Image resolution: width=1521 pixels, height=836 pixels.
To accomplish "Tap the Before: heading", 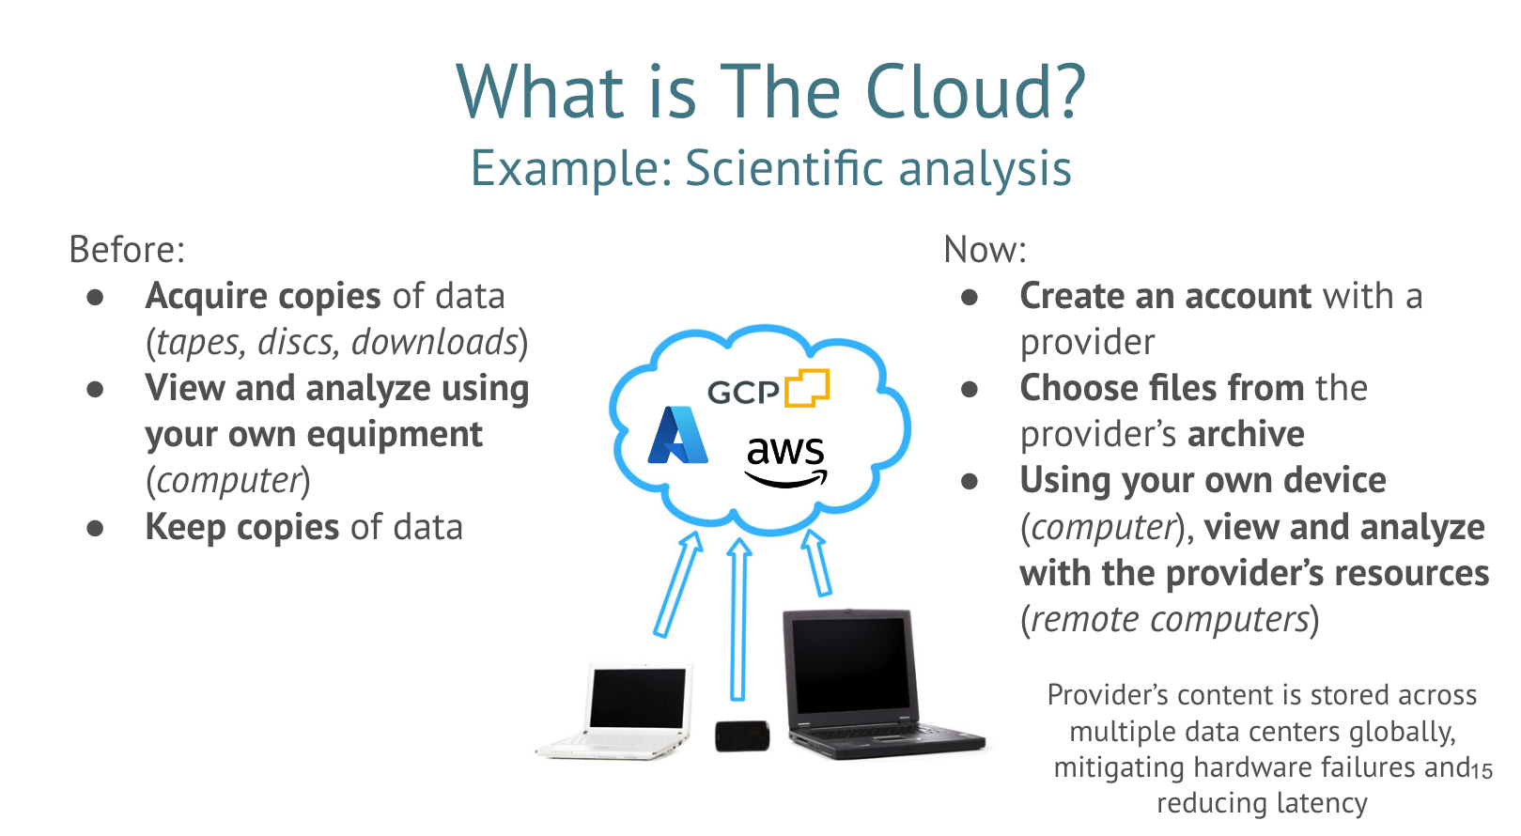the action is (x=127, y=249).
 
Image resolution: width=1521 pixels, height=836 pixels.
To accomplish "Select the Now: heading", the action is (x=986, y=249).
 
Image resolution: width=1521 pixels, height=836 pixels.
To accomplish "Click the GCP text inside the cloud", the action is (x=743, y=393).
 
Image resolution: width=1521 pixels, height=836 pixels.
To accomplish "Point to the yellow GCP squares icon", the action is (x=807, y=388).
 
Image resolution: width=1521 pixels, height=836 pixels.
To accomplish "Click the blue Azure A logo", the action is (x=677, y=435).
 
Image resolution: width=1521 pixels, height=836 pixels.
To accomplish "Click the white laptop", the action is (x=615, y=710).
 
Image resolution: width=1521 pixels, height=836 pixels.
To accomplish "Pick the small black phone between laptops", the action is (x=742, y=736).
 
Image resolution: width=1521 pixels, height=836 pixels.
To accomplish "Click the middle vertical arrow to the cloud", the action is (x=738, y=619).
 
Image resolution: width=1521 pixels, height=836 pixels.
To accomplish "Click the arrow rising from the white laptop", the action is (x=677, y=584).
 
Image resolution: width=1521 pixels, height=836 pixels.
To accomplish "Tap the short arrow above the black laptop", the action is (x=817, y=563).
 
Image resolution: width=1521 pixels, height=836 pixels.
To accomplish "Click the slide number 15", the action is (x=1482, y=771).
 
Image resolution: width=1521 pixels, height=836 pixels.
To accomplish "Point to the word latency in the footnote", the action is (x=1322, y=803).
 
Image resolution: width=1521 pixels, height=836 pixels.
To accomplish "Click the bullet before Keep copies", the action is (x=95, y=528).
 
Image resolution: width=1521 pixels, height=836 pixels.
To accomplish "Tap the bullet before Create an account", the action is (x=970, y=297).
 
